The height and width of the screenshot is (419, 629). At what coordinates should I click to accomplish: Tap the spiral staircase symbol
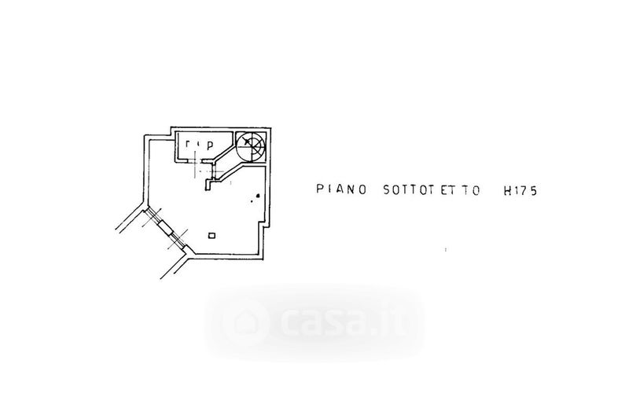click(252, 146)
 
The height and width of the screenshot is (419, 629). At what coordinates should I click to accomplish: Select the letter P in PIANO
click(319, 189)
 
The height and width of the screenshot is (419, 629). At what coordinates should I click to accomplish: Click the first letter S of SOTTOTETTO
click(384, 189)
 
